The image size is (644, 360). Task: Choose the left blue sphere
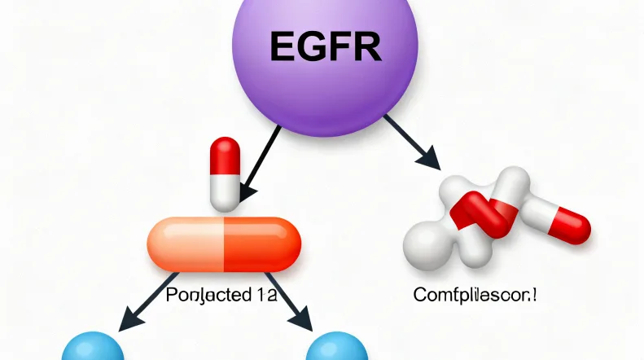click(x=93, y=349)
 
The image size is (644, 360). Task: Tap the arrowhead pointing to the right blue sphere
click(x=304, y=323)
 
